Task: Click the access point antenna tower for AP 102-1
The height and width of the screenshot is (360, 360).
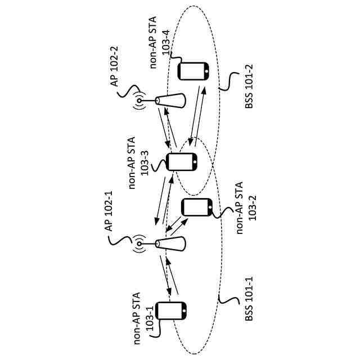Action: click(x=170, y=244)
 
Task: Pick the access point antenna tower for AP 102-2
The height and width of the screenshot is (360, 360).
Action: click(x=170, y=101)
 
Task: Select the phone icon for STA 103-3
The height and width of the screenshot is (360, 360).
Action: click(x=182, y=161)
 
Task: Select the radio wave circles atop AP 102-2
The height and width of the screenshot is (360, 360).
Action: click(x=139, y=101)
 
